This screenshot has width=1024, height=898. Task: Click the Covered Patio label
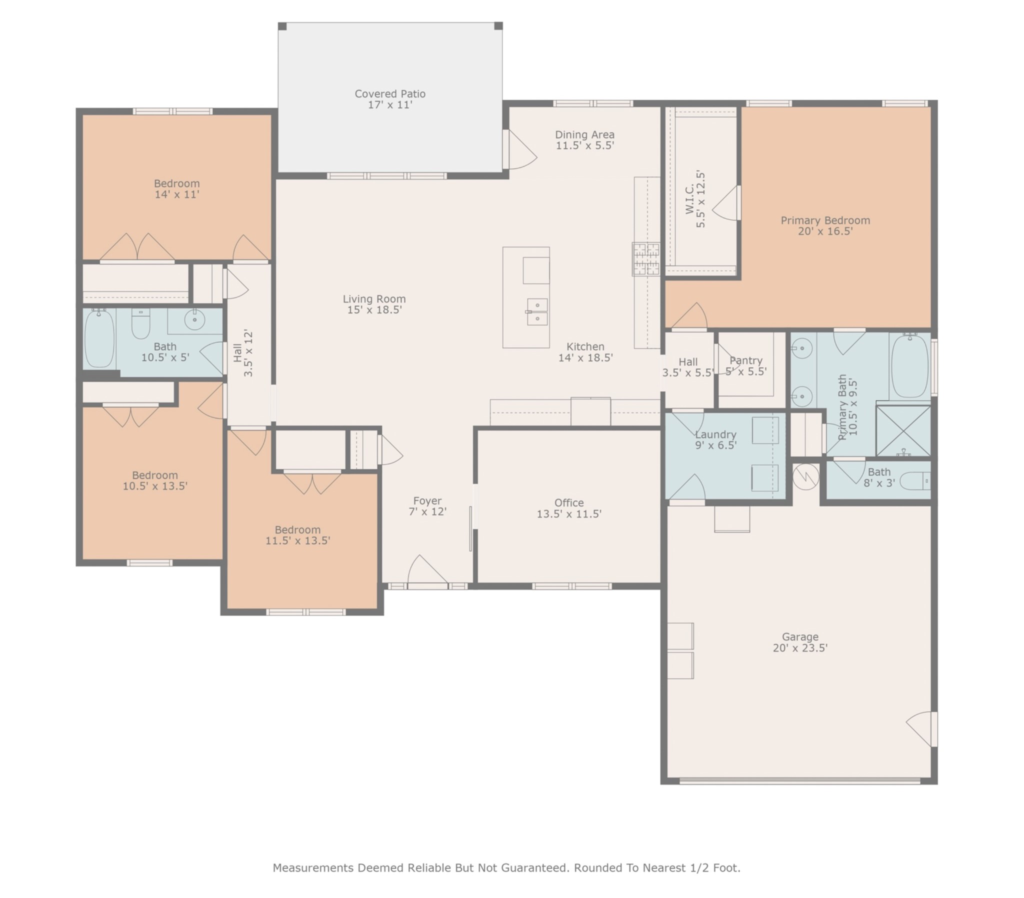(x=390, y=93)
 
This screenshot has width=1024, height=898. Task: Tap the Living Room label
(x=374, y=298)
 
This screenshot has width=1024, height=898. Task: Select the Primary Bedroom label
(x=825, y=220)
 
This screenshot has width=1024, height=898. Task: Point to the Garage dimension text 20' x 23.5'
(x=800, y=647)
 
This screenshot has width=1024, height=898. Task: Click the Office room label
(x=568, y=502)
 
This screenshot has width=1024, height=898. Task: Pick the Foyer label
(x=427, y=500)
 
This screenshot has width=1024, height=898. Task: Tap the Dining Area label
(x=584, y=134)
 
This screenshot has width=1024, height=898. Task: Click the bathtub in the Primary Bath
(x=910, y=366)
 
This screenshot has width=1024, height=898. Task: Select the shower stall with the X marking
(x=903, y=430)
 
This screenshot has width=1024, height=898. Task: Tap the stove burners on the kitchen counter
(x=646, y=258)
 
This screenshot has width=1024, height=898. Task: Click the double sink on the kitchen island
(x=536, y=311)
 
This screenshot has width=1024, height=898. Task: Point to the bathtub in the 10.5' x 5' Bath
(x=99, y=338)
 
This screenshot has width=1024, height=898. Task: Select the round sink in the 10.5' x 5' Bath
(x=194, y=319)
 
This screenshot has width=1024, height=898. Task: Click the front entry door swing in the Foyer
(x=427, y=569)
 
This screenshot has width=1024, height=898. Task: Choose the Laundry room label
(x=715, y=434)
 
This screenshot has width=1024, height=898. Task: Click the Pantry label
(x=746, y=360)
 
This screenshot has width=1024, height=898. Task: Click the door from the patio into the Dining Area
(x=520, y=149)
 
